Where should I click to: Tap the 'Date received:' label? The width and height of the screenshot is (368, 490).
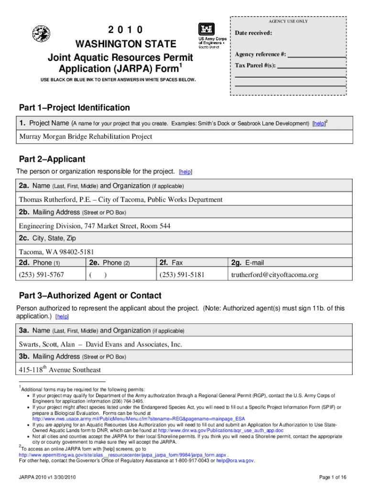[253, 33]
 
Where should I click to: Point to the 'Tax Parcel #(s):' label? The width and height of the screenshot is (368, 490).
[255, 66]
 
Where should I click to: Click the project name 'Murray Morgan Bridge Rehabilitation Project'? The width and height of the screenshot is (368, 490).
[86, 137]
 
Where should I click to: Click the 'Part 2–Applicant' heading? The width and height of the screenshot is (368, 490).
[52, 159]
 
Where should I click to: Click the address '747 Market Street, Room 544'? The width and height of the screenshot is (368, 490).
[127, 226]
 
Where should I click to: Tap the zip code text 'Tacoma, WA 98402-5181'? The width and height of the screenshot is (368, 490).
[56, 252]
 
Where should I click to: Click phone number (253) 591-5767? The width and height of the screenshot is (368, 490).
[42, 275]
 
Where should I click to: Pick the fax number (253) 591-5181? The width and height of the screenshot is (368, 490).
[182, 275]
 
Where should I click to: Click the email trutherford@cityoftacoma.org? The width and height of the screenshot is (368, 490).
[275, 275]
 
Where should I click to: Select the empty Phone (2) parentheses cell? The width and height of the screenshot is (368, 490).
[98, 275]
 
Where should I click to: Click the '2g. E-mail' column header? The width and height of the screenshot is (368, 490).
[247, 263]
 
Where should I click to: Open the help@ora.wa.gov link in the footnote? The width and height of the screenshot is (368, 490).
[235, 461]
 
